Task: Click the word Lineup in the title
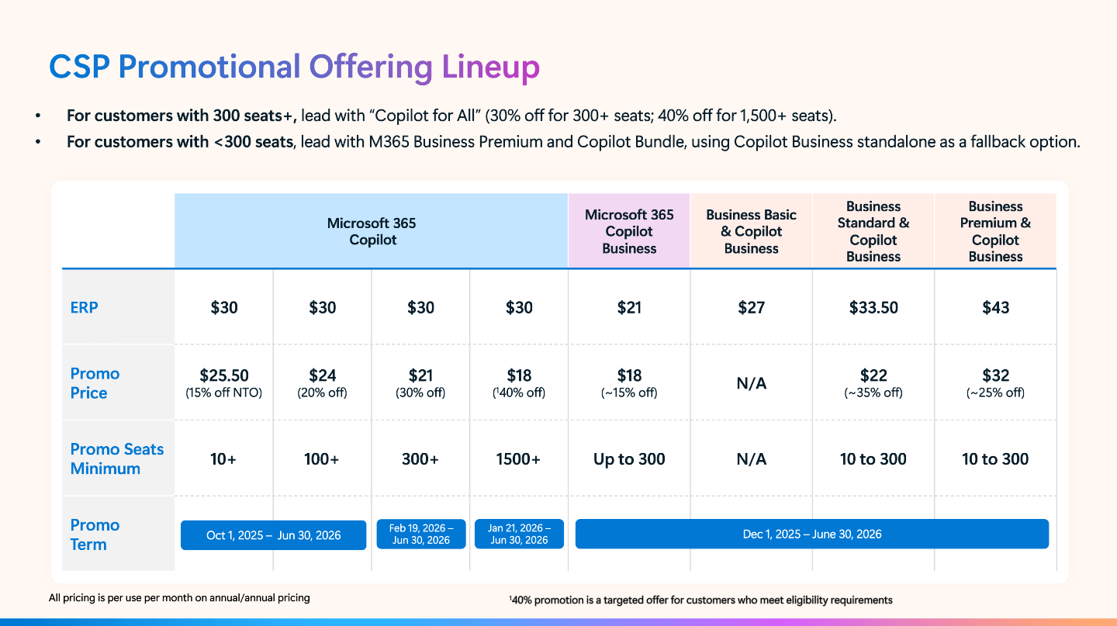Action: (490, 67)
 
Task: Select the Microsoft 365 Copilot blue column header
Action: (372, 231)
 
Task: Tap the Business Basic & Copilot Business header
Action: (751, 231)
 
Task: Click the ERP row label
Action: (85, 307)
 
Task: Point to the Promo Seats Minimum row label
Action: (117, 458)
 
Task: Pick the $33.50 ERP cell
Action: (873, 307)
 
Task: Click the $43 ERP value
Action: (995, 307)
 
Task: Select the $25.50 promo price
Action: (224, 376)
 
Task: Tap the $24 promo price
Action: (322, 376)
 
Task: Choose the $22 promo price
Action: (873, 376)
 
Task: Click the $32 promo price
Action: (995, 376)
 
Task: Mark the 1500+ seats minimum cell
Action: (518, 459)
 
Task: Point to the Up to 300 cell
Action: (629, 459)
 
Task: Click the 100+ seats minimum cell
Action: (322, 459)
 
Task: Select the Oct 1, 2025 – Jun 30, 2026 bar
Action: (273, 535)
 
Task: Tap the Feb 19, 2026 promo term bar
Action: (421, 534)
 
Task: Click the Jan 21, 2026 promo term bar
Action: (519, 534)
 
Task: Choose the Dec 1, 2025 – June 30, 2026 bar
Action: (812, 534)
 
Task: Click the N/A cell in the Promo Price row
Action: (751, 383)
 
